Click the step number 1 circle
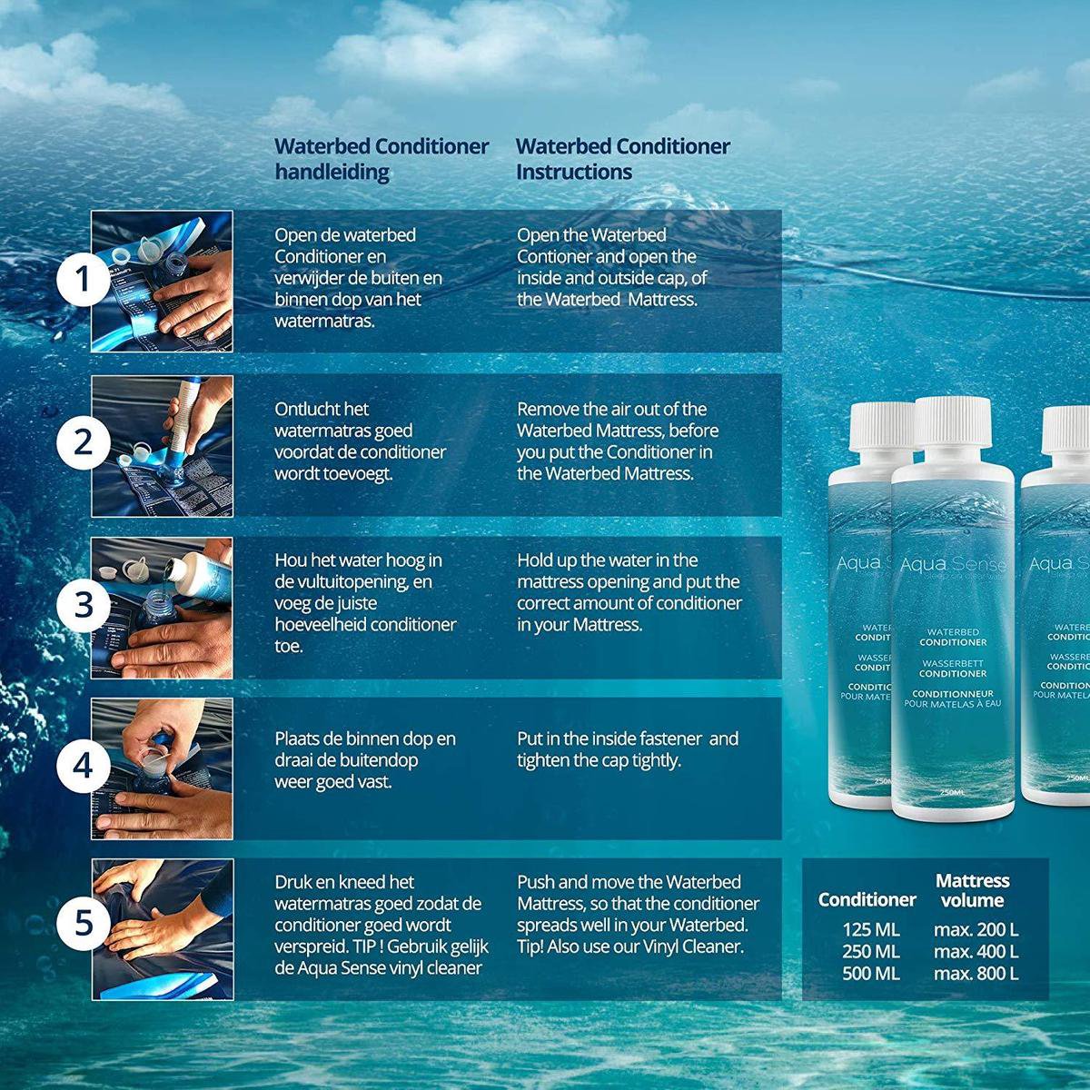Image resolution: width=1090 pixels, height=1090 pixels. [84, 281]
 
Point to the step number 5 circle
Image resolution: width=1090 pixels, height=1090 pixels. [84, 924]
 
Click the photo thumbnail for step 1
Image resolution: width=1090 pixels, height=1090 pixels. [163, 282]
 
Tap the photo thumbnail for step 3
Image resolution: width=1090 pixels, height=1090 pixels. [163, 607]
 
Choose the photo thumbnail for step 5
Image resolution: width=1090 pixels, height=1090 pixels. [163, 928]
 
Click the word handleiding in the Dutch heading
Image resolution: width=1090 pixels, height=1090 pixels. [332, 172]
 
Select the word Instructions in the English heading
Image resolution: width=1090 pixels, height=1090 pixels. [574, 172]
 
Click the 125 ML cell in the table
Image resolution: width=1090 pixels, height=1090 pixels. [870, 930]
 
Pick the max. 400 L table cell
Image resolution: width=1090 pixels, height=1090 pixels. [976, 952]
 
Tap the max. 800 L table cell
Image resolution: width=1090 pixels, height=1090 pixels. [976, 974]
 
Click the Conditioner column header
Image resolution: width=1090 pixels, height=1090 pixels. [867, 899]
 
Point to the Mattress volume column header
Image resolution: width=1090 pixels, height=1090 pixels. [972, 890]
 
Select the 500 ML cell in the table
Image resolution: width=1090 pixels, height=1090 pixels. [870, 974]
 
